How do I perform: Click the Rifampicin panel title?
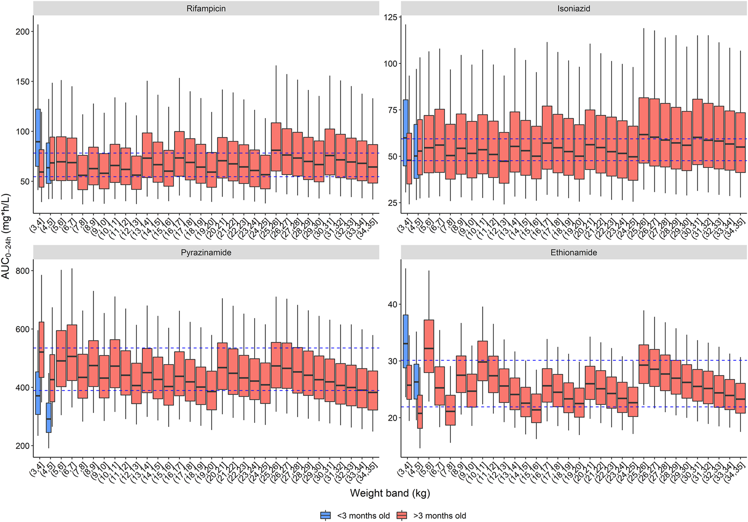pos(206,8)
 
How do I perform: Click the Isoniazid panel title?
pos(573,8)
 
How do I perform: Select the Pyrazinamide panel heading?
pos(206,252)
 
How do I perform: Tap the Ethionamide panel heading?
pos(573,252)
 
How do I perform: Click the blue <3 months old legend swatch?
pos(325,515)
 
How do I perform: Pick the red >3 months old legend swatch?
pos(402,515)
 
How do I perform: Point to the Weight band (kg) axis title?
pos(390,493)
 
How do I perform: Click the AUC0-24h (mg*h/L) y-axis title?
pos(6,236)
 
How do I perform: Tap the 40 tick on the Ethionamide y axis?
pos(393,304)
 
